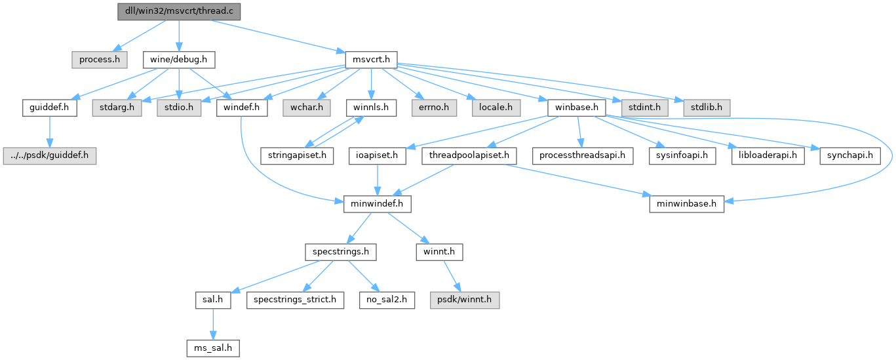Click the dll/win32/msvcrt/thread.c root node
click(x=179, y=11)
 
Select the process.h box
click(x=99, y=60)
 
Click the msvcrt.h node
click(x=368, y=60)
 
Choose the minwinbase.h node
click(x=687, y=204)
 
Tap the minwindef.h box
click(x=377, y=204)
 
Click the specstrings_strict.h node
click(x=295, y=300)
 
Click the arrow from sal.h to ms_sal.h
click(x=210, y=324)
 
